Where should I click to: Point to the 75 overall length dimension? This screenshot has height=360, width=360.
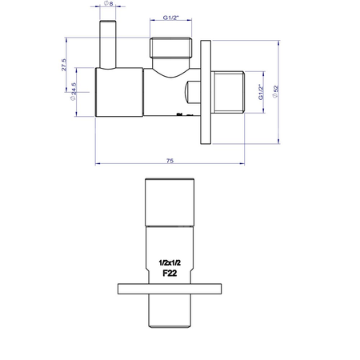tap(170, 160)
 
